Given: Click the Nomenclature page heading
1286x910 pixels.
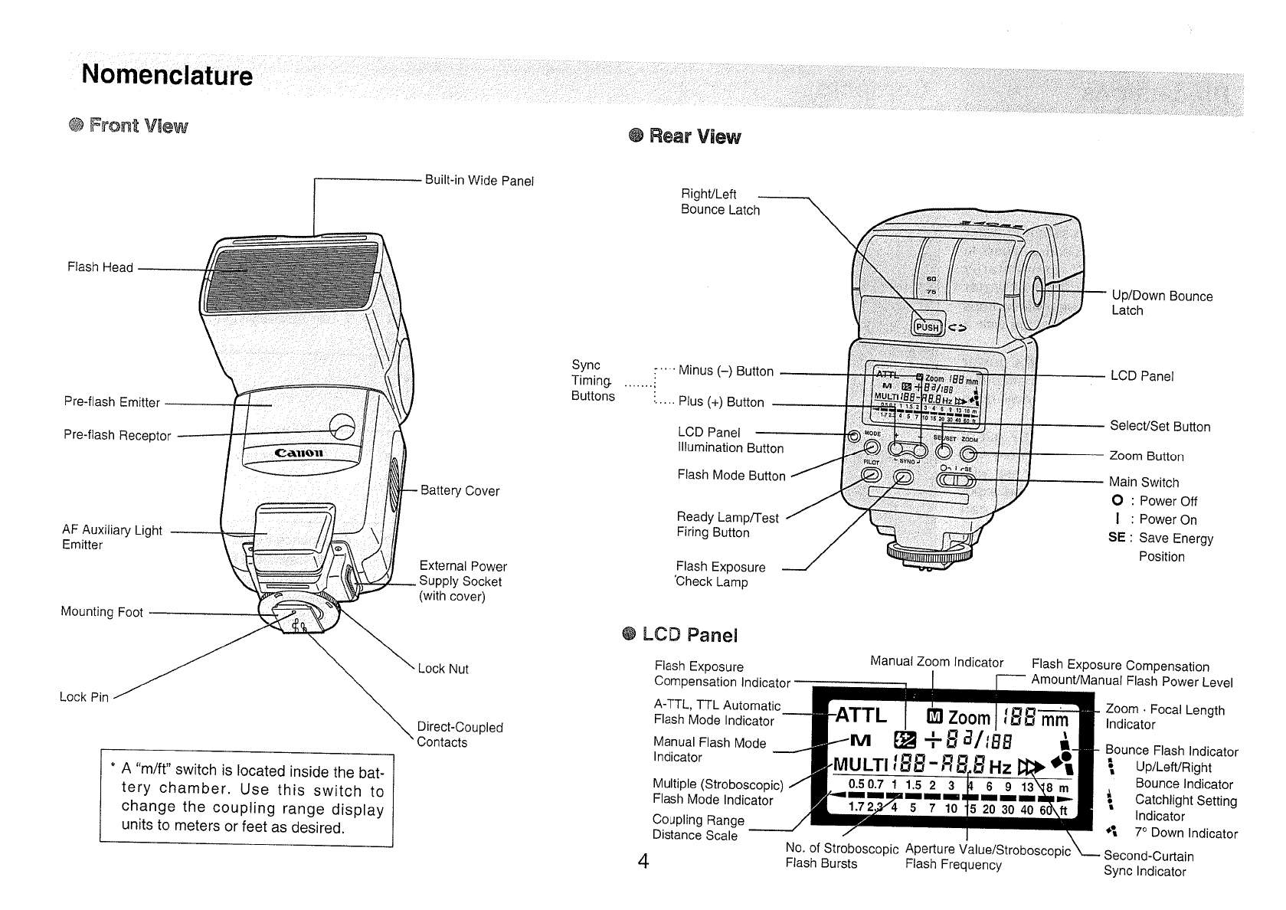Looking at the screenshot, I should pyautogui.click(x=167, y=75).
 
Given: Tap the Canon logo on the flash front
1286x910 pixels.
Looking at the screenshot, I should pyautogui.click(x=299, y=453).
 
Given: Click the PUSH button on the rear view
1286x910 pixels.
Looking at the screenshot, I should pyautogui.click(x=927, y=327).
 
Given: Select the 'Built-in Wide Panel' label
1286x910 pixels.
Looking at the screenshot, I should pyautogui.click(x=479, y=181).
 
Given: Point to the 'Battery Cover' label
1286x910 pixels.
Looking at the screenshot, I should pyautogui.click(x=460, y=491).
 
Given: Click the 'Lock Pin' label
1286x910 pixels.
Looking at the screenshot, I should pyautogui.click(x=84, y=697).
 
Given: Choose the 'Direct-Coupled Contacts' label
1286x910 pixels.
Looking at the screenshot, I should pyautogui.click(x=460, y=735).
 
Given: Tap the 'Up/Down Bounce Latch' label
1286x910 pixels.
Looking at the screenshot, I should pyautogui.click(x=1162, y=303).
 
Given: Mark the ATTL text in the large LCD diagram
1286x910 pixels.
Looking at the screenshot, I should pyautogui.click(x=860, y=715).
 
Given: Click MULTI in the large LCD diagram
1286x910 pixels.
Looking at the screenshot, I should pyautogui.click(x=860, y=767).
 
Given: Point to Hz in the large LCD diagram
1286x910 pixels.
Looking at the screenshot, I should pyautogui.click(x=1000, y=768).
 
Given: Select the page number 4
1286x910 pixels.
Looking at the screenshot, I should pyautogui.click(x=643, y=863).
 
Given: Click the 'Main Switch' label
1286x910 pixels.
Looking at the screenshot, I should pyautogui.click(x=1144, y=483).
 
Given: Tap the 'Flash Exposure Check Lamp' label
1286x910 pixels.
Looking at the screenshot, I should pyautogui.click(x=720, y=574).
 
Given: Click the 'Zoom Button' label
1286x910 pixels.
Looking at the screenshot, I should pyautogui.click(x=1147, y=457).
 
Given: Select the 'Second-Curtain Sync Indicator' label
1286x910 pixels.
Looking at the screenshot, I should pyautogui.click(x=1148, y=864).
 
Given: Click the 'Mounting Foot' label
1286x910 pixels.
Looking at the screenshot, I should pyautogui.click(x=102, y=612).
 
